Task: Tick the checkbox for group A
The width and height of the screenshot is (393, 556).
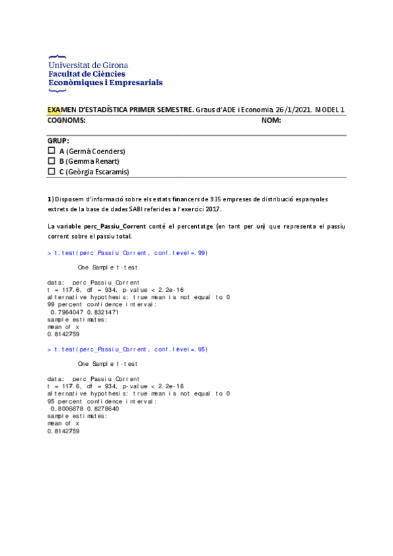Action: (x=52, y=151)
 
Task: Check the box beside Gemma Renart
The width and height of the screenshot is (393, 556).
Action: (x=52, y=161)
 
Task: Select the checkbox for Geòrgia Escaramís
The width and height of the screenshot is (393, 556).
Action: (x=52, y=172)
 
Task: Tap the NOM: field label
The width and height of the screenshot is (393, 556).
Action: (x=271, y=121)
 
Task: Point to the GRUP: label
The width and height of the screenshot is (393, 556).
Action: (x=58, y=141)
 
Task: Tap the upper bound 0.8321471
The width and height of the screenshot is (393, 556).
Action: (x=101, y=313)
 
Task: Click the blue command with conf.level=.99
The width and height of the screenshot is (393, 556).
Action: (x=127, y=253)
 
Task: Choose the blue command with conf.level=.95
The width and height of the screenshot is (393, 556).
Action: (x=127, y=349)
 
